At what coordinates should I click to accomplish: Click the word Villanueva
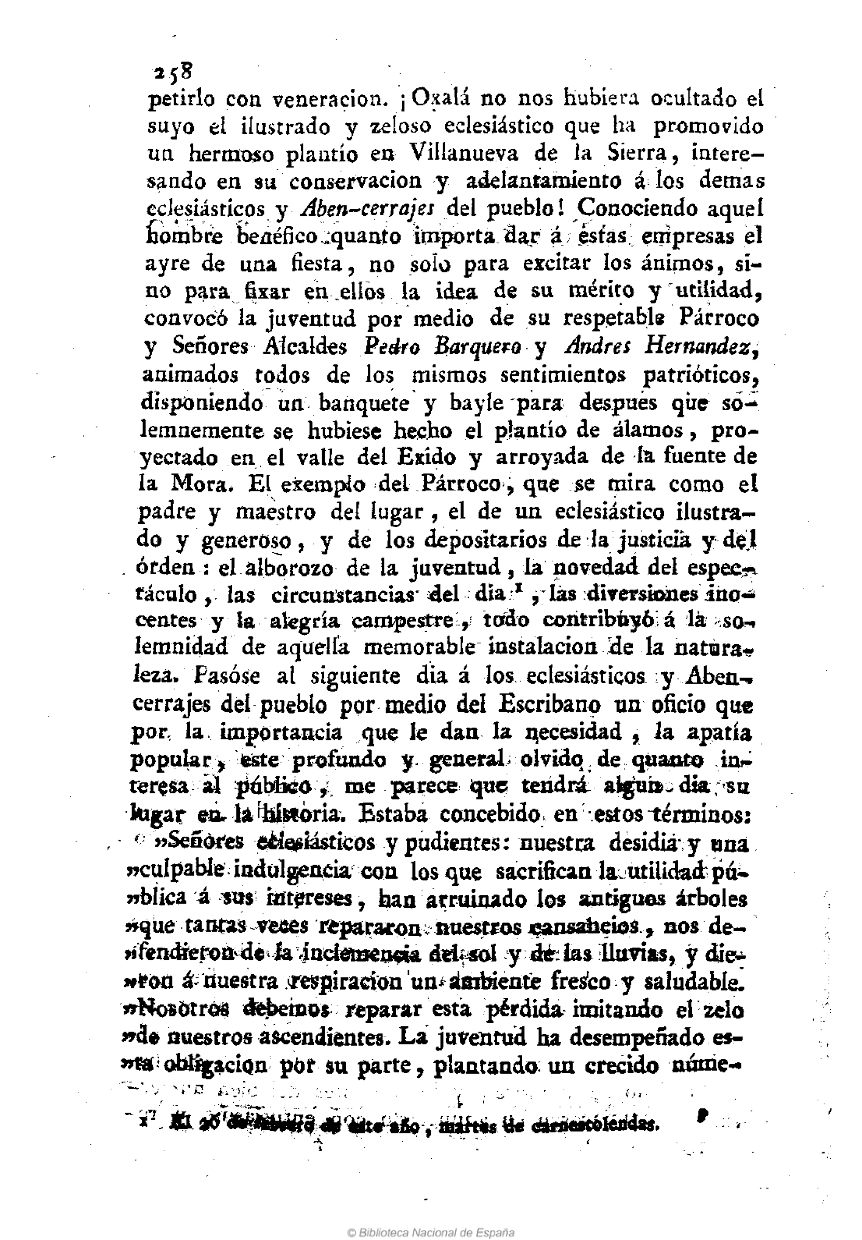(x=463, y=154)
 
